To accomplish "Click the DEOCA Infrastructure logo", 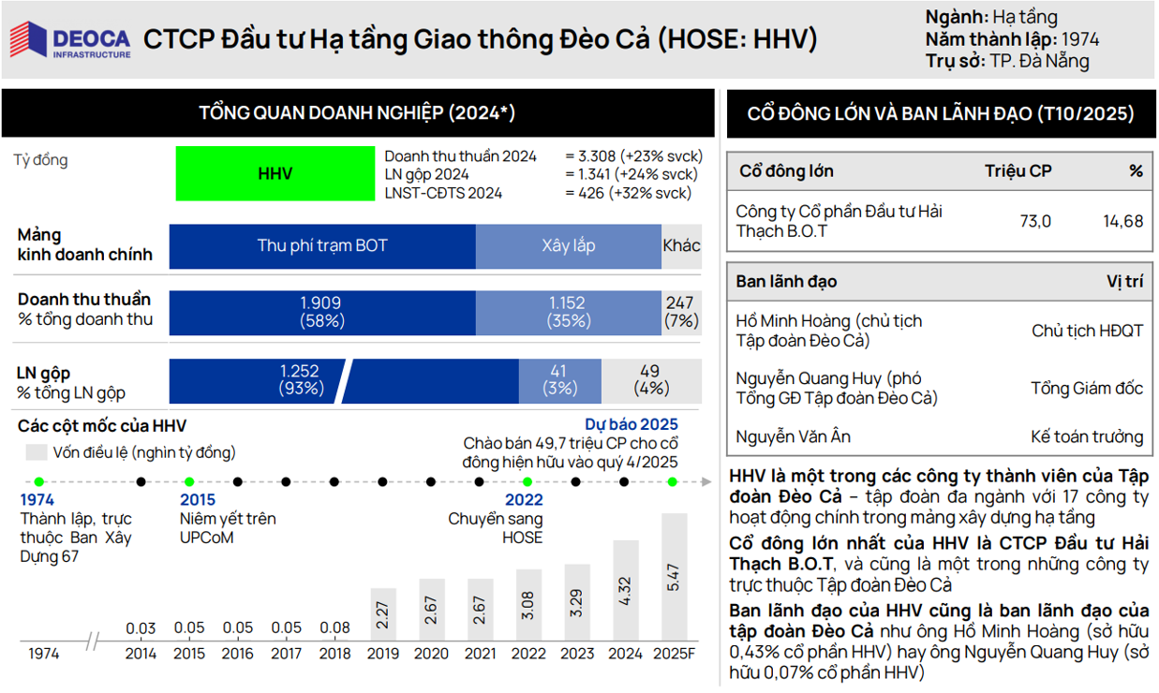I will [x=70, y=40].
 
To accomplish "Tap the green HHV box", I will [x=275, y=173].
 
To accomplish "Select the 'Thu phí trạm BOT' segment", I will [x=322, y=246].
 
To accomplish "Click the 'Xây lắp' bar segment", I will [x=568, y=246].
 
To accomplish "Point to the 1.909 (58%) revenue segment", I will [x=322, y=312].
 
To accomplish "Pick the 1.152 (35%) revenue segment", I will [x=568, y=312].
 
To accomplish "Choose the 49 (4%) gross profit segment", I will [x=650, y=379].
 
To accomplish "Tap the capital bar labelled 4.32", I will [x=625, y=590].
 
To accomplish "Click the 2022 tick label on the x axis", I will [x=527, y=654].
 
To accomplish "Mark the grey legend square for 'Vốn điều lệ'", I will [x=37, y=452].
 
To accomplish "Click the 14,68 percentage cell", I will [x=1122, y=222].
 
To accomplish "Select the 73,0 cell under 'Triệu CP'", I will [x=1034, y=222].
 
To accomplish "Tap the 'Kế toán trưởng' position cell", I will [x=1086, y=436].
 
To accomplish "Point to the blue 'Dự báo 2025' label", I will [x=631, y=424].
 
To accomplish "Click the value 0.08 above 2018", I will [x=334, y=628].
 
